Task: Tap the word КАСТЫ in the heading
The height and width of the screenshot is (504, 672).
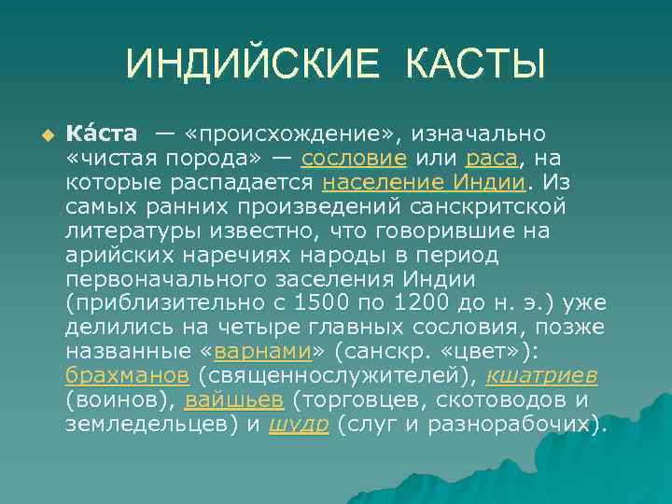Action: (x=475, y=64)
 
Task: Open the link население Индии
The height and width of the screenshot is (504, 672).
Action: (x=424, y=181)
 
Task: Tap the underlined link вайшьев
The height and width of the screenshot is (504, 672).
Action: (x=234, y=399)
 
